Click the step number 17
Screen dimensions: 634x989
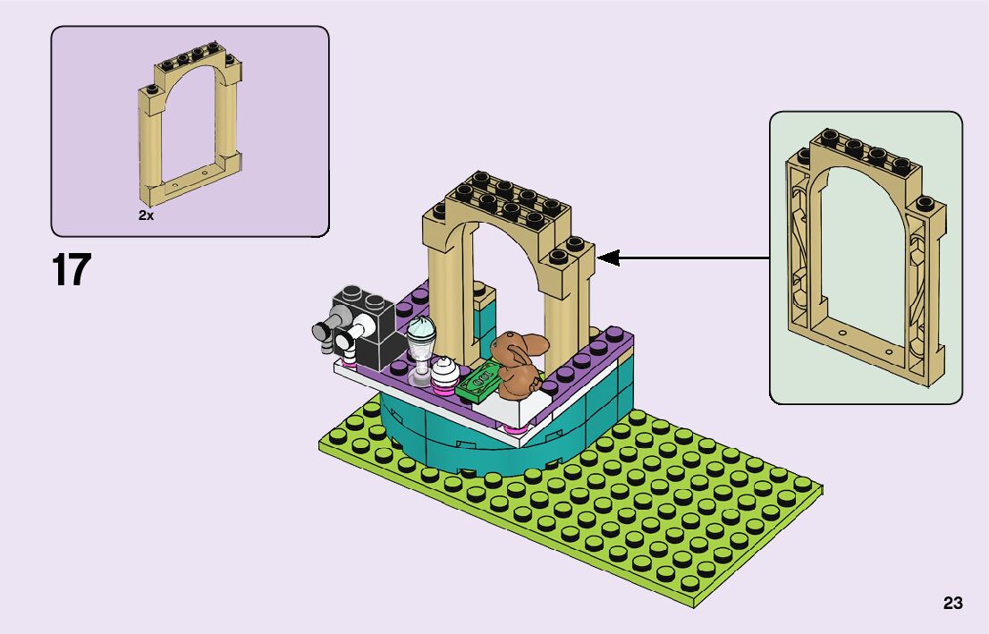click(72, 270)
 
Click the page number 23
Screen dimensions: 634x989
click(952, 604)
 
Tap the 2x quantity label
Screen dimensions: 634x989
click(146, 216)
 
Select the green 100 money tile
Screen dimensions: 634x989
click(478, 379)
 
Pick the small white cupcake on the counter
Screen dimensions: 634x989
click(444, 368)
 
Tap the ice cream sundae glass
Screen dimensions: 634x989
click(419, 349)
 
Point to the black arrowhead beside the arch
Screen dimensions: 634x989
click(608, 258)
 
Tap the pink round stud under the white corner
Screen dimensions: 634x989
click(514, 430)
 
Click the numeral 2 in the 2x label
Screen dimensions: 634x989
click(142, 216)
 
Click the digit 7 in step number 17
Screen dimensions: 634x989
click(80, 270)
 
